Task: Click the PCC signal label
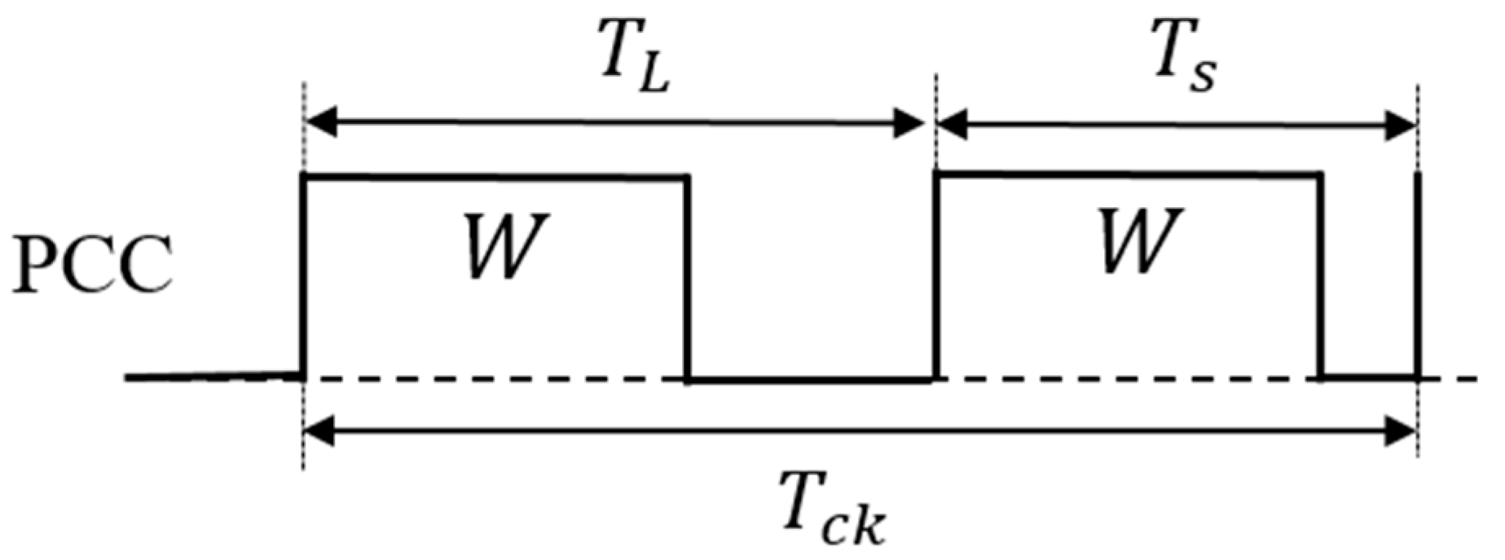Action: pos(91,267)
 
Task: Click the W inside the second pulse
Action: pos(1138,243)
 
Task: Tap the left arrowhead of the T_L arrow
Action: pos(319,125)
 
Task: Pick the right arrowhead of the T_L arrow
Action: pos(909,125)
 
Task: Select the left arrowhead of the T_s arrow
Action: pos(952,125)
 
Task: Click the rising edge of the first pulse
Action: pos(304,277)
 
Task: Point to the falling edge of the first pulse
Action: pos(689,277)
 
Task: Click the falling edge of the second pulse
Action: pos(1319,277)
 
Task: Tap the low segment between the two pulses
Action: pos(812,380)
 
